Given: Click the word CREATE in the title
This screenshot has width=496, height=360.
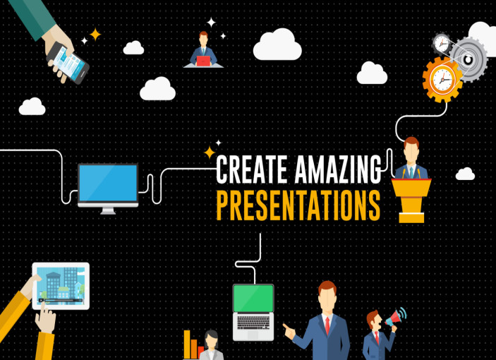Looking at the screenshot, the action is click(252, 169).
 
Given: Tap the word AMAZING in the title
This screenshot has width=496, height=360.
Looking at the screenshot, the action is click(338, 169).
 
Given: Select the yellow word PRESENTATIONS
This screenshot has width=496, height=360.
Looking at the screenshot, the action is click(298, 205).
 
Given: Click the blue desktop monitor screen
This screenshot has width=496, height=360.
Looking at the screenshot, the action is click(108, 183).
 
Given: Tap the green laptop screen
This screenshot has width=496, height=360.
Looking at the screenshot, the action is click(253, 298).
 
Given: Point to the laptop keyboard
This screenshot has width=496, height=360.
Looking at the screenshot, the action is click(253, 322).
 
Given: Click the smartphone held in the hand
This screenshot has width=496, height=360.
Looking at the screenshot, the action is click(68, 63).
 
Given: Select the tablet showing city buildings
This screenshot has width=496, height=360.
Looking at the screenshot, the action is click(61, 286).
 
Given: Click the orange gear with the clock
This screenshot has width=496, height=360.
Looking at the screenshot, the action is click(442, 79).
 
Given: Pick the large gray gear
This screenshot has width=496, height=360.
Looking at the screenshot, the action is click(468, 59).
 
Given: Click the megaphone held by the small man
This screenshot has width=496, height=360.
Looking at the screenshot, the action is click(395, 317).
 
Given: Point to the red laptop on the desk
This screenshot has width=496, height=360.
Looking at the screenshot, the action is click(203, 61).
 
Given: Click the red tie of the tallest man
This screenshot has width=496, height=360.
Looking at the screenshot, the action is click(327, 325).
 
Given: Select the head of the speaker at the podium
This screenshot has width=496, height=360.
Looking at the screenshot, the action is click(411, 150).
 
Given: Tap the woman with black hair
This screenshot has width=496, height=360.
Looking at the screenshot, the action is click(211, 344).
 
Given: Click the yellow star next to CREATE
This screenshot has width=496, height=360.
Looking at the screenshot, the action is click(210, 152).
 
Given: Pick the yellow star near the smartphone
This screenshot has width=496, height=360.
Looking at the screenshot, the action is click(95, 35).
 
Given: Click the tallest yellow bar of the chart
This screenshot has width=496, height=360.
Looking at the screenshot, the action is click(187, 344).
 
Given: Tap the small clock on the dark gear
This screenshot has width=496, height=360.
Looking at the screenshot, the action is click(442, 43).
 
